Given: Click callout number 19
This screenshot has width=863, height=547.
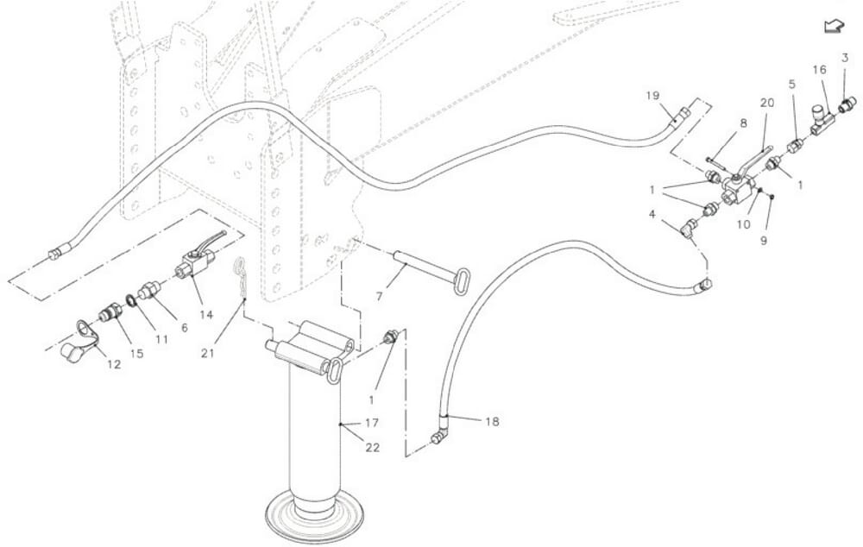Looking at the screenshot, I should click(652, 95).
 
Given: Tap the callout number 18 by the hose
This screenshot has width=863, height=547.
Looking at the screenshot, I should click(492, 422).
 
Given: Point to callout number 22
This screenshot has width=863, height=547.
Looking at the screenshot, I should click(374, 448).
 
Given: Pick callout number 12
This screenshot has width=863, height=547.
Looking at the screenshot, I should click(114, 366).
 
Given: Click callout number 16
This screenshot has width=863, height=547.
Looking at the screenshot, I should click(819, 69).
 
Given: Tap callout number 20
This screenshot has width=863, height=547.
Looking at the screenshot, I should click(766, 102).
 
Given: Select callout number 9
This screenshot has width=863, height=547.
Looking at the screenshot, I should click(764, 241).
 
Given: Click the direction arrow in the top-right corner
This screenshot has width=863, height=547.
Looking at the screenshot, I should click(833, 27).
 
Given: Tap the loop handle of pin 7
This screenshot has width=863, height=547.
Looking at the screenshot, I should click(463, 281).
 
